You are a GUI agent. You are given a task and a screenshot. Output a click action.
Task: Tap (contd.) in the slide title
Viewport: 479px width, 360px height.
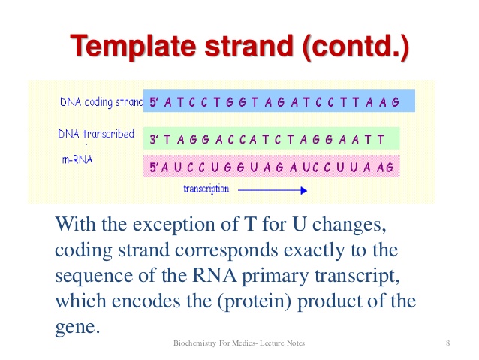356,48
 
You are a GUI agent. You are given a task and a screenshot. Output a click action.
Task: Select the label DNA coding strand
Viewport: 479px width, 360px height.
101,101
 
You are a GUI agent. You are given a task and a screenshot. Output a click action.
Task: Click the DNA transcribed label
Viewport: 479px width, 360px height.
96,135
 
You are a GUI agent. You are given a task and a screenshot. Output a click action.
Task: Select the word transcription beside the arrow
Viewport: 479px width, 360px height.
206,189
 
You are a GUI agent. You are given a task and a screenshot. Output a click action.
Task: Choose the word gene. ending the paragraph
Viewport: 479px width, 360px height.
77,327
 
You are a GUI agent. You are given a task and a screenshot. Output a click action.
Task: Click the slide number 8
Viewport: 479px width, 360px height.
447,344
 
